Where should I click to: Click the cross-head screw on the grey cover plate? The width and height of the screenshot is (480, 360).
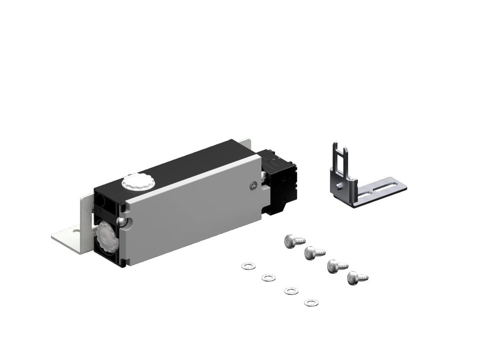coord(253,186)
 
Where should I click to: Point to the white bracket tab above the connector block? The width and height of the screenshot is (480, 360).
coord(246,143)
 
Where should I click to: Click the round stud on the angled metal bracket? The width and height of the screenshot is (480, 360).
coord(339,186)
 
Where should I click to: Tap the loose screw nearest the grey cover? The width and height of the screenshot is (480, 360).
coord(294,241)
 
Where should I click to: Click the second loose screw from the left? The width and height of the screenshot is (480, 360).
coord(314,253)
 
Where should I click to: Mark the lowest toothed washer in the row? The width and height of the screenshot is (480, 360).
coord(311,302)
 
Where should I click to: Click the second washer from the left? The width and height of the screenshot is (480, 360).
coord(267,277)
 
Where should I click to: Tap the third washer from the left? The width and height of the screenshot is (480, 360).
coord(291,291)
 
